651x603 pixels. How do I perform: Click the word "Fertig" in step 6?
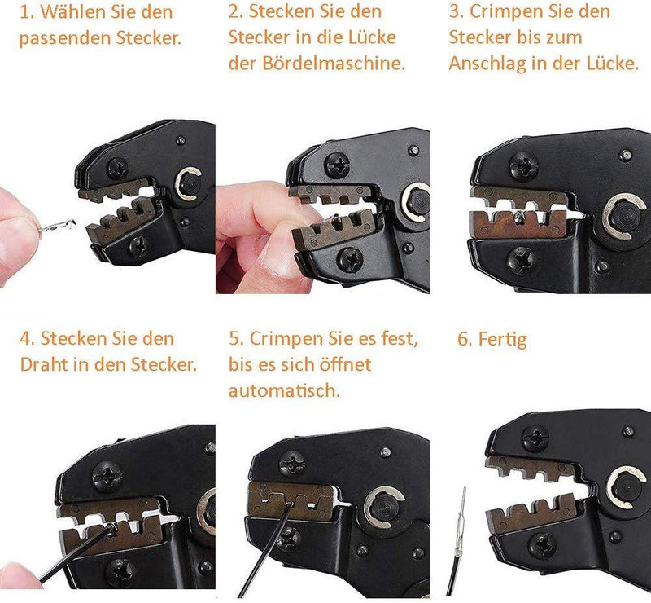[502, 340]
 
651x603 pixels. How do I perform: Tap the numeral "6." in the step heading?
[465, 339]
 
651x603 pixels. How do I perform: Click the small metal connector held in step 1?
[57, 226]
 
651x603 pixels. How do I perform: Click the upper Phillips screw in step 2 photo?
[337, 165]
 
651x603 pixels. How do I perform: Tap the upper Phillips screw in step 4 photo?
[107, 477]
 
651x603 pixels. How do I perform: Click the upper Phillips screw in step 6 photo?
[535, 438]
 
